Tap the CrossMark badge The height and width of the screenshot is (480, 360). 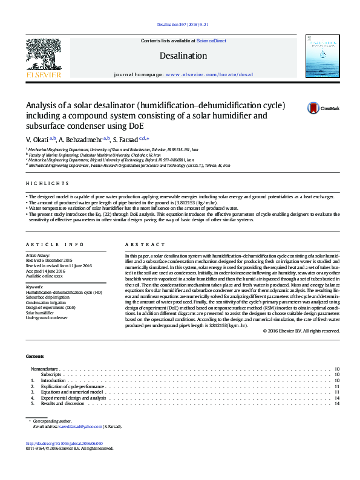pos(324,108)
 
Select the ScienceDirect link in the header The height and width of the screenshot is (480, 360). pos(212,41)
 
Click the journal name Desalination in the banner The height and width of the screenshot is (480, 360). pos(183,56)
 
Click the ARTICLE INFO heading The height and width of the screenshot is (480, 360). pos(54,244)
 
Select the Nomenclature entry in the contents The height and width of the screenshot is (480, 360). pos(44,368)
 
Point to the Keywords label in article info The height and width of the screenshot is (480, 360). pos(34,287)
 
